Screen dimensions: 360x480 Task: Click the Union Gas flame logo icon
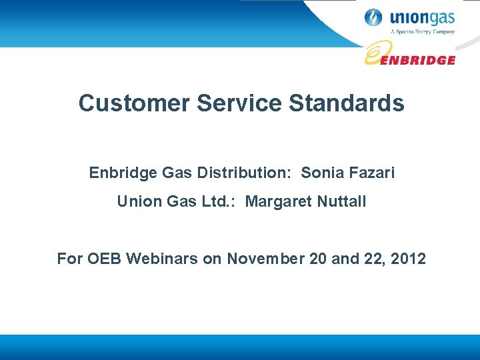click(x=374, y=18)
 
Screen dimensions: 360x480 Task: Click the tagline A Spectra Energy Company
click(x=422, y=31)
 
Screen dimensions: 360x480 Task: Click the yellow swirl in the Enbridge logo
click(x=376, y=53)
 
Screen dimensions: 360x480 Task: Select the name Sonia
click(x=322, y=173)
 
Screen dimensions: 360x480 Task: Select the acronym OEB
click(x=104, y=258)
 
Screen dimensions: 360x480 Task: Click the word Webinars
click(x=160, y=258)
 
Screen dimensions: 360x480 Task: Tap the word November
click(x=265, y=258)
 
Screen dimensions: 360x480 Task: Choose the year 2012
click(x=408, y=258)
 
